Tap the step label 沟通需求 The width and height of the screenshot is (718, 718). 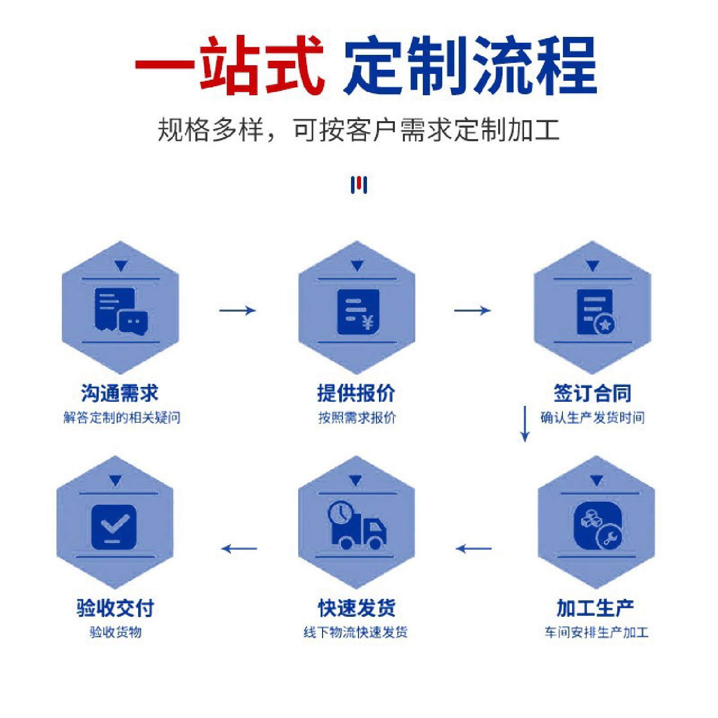(120, 393)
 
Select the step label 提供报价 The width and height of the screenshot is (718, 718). (357, 393)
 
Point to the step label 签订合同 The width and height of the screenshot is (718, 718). (592, 393)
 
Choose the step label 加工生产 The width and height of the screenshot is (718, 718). (595, 608)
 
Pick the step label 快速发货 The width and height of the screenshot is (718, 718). (357, 608)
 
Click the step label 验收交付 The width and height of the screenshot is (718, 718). (115, 608)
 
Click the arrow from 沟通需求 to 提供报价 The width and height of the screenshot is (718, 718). (237, 311)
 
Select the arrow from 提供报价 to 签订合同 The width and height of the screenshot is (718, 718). (472, 311)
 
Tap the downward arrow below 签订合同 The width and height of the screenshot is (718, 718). (525, 424)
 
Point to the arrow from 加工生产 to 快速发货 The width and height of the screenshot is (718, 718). (474, 549)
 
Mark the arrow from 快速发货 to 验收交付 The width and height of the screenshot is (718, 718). (239, 549)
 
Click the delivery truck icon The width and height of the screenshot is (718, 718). (357, 528)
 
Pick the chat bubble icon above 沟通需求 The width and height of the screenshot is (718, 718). (133, 322)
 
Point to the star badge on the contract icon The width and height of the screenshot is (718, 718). (605, 325)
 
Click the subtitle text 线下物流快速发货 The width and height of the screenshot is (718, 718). (356, 632)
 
